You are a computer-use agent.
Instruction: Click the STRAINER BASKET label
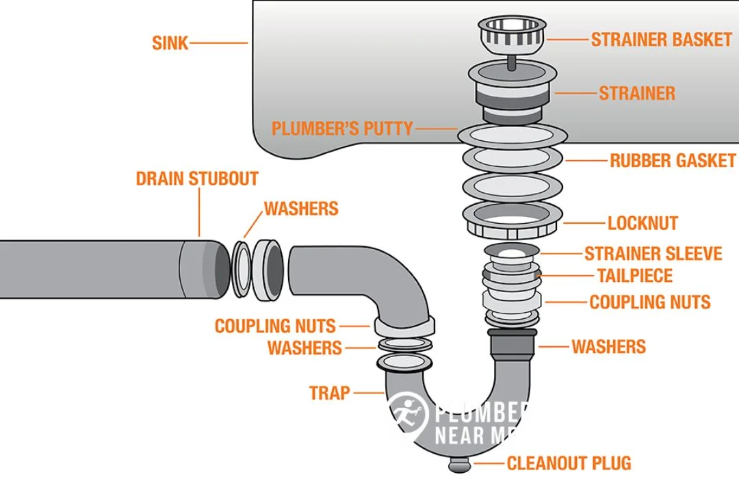click(661, 39)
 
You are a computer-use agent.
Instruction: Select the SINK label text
click(169, 43)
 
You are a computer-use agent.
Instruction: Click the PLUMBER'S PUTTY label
click(342, 128)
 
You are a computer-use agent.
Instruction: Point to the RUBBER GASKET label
click(672, 161)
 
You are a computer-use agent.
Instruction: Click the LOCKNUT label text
click(643, 223)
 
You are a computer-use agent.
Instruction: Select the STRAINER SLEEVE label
click(653, 254)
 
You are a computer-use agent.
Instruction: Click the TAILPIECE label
click(635, 276)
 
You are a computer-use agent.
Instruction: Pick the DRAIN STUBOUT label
click(197, 179)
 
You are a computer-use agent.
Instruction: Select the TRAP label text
click(329, 393)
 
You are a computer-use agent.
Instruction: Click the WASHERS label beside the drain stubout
click(301, 208)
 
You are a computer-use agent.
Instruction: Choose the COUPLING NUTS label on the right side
click(650, 301)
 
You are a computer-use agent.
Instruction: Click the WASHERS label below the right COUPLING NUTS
click(608, 346)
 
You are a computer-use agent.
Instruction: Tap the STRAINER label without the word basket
click(637, 93)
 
